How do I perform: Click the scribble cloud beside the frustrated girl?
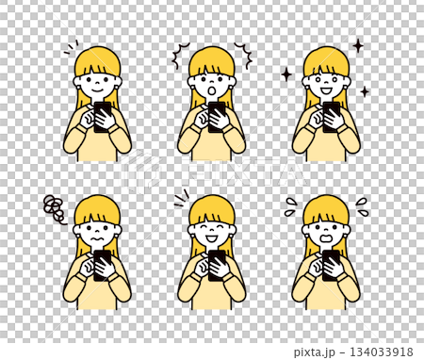point(55,209)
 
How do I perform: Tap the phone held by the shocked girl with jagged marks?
point(217,113)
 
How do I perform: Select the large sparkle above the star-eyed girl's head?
point(357,45)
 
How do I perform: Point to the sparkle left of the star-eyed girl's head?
point(285,74)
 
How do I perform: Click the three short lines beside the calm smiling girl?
point(72,47)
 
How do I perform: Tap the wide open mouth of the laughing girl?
point(212,238)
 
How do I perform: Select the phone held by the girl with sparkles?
point(332,113)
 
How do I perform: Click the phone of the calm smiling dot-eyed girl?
point(102,113)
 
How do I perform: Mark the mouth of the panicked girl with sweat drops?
point(326,239)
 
